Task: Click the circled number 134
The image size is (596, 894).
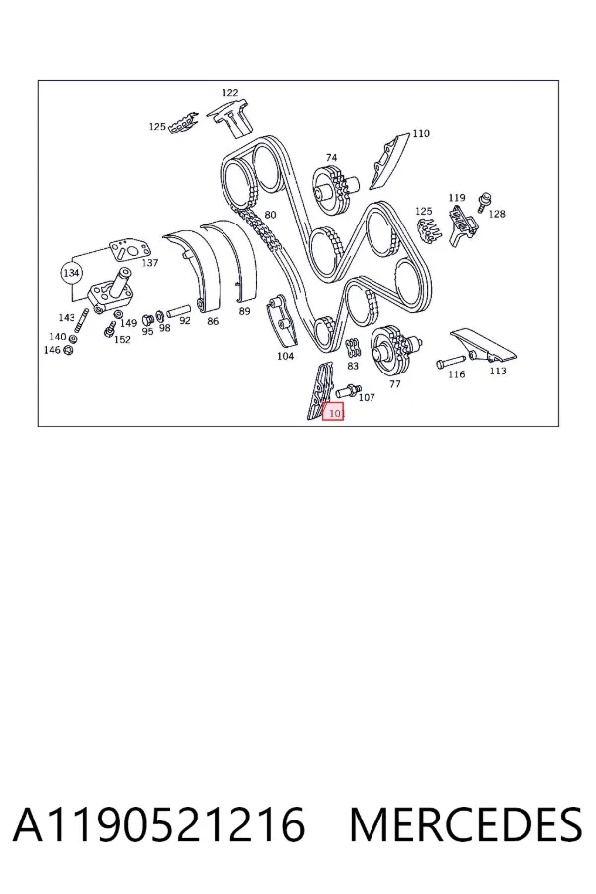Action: click(71, 273)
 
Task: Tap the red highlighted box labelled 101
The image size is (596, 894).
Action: click(333, 411)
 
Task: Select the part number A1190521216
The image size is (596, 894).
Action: click(159, 824)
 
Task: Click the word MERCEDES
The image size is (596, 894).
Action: click(466, 824)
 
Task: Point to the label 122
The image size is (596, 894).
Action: click(230, 93)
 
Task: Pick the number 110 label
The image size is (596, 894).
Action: click(421, 133)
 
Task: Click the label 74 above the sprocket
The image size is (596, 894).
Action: click(332, 157)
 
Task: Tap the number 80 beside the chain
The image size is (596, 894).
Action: click(270, 215)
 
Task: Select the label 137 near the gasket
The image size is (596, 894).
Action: click(149, 263)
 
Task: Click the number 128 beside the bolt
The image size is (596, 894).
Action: click(497, 214)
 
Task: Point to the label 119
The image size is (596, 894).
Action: click(457, 198)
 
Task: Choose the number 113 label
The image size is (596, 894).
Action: click(498, 371)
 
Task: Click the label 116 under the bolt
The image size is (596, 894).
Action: click(456, 374)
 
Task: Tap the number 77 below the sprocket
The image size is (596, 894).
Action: click(395, 384)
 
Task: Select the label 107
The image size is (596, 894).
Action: click(367, 397)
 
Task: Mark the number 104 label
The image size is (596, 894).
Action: click(286, 356)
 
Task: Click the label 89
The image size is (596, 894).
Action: click(244, 311)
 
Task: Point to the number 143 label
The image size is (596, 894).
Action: click(67, 317)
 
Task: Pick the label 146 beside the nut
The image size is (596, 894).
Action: click(52, 349)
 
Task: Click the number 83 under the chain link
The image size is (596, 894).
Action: click(353, 366)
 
